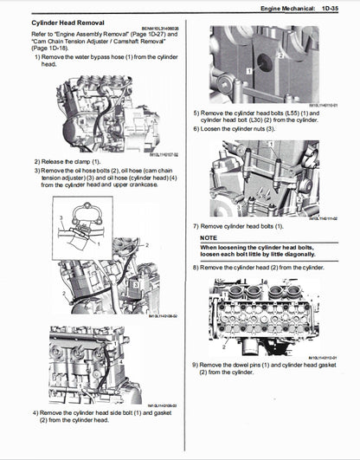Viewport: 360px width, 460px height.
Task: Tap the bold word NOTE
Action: (208, 237)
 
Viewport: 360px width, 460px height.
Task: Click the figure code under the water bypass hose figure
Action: (161, 156)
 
